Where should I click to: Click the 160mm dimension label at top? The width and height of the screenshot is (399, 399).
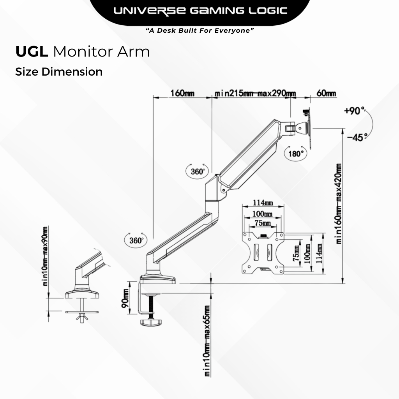click(182, 94)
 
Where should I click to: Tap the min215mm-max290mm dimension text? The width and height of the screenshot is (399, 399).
click(255, 94)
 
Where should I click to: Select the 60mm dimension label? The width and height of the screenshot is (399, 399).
click(326, 94)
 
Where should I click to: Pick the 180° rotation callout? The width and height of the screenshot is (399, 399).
click(296, 154)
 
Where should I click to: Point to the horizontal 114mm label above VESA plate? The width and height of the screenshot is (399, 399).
click(263, 203)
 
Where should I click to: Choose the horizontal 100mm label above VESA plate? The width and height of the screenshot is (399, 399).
click(262, 214)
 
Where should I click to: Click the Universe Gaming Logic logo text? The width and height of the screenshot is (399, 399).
click(200, 11)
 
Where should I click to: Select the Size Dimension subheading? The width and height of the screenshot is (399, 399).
click(59, 72)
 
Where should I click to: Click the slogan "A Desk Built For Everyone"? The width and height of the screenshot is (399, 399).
click(199, 30)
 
